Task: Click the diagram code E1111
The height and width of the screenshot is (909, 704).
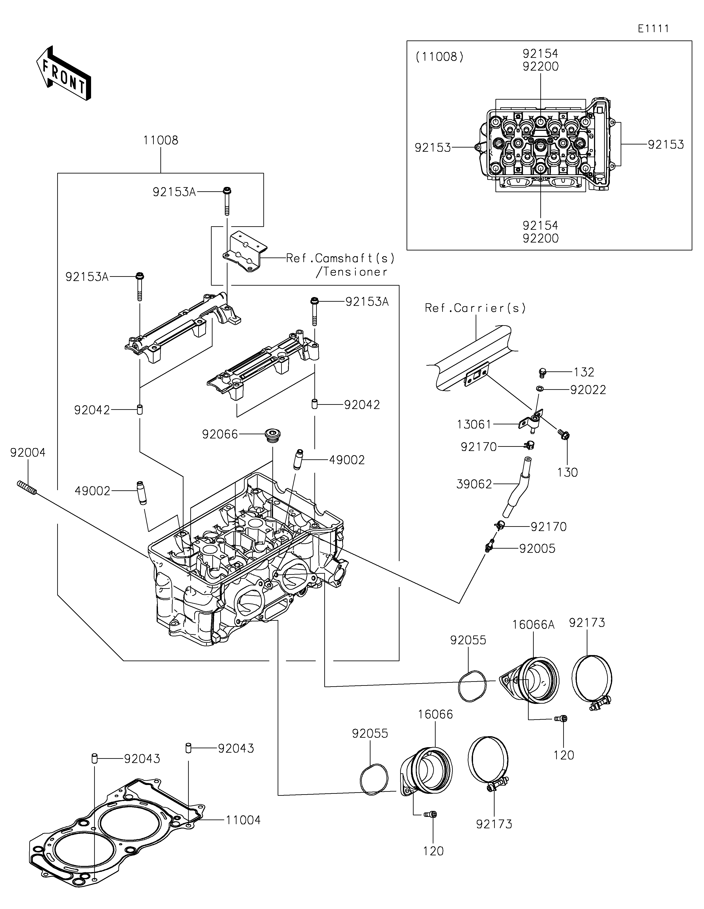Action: pos(654,29)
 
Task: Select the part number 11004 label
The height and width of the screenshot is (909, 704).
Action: pos(243,820)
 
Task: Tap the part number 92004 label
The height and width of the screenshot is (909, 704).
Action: pos(28,453)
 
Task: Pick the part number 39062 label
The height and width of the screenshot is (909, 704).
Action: pos(474,484)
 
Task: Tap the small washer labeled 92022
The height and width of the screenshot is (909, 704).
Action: pos(540,389)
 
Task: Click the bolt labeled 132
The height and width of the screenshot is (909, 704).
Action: pos(542,372)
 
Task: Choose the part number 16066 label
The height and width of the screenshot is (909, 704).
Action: pos(435,714)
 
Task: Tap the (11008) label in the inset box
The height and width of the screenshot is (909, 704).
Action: pos(439,57)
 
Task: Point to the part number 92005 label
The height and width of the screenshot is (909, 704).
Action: pos(537,549)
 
